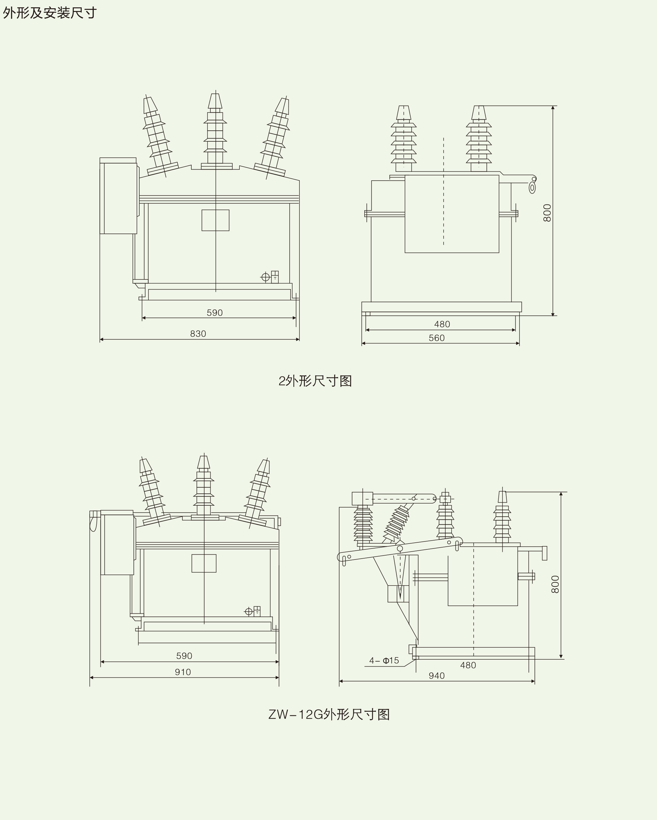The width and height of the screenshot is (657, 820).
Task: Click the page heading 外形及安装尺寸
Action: coord(50,13)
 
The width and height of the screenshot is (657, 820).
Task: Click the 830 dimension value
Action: coord(198,334)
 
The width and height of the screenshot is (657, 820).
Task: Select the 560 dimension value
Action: coord(437,338)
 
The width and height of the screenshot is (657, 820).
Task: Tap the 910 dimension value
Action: coord(183,672)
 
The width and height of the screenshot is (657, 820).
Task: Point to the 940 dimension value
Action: coord(437,676)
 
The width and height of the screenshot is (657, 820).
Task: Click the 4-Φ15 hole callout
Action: coord(384,661)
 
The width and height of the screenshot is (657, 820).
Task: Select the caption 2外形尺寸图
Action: coord(315,381)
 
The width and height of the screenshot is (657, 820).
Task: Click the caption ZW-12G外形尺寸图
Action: coord(329,715)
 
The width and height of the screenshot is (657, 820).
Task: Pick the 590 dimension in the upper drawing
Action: coord(215,313)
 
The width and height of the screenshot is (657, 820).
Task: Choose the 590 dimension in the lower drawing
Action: coord(184,656)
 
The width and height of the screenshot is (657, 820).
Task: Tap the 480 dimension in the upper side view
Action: coord(442,324)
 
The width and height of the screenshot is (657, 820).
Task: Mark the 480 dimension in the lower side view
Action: coord(468,665)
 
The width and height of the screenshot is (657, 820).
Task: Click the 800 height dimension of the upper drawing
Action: coord(547,213)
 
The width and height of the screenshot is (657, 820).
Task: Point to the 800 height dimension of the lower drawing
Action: coord(555,585)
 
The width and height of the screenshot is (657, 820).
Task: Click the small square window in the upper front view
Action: coord(215,220)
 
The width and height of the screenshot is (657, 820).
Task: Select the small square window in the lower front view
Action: coord(204,563)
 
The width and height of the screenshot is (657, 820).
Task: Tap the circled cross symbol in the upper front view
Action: coord(265,277)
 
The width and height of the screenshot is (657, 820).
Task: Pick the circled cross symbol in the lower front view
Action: coord(249,612)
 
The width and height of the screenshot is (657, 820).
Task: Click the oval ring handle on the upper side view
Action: coord(532,188)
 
